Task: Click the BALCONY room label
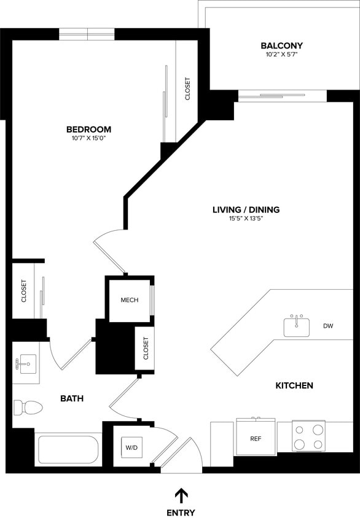click(x=281, y=46)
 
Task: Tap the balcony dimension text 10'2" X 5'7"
click(x=281, y=55)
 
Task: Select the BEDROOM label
click(x=88, y=129)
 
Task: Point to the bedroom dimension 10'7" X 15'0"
click(x=88, y=138)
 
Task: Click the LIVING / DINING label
click(x=246, y=210)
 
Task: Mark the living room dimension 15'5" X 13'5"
click(x=246, y=218)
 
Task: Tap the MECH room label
click(x=129, y=300)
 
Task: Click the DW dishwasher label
click(x=328, y=326)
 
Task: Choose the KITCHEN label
click(x=294, y=385)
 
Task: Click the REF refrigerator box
click(x=257, y=438)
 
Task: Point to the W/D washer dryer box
click(x=132, y=448)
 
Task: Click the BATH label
click(x=72, y=399)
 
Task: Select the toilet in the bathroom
click(x=28, y=407)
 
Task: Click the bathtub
click(x=68, y=450)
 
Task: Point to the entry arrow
click(x=181, y=495)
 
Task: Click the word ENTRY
click(x=181, y=512)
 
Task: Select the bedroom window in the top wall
click(x=87, y=34)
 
